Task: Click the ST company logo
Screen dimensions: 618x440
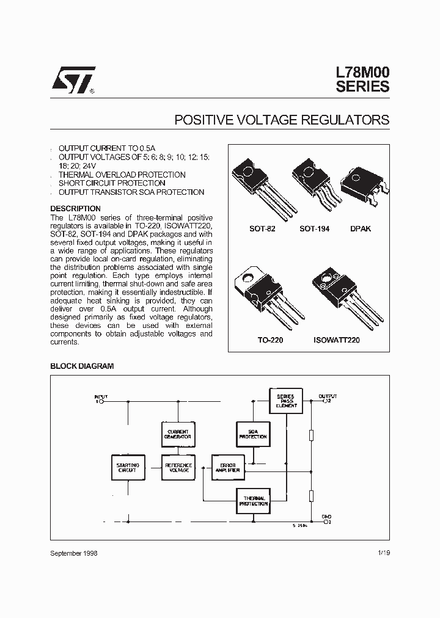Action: tap(72, 80)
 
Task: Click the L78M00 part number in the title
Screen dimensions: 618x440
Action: tap(362, 72)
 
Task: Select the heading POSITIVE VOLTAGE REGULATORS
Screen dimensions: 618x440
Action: tap(282, 120)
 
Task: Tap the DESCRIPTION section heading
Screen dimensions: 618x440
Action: tap(75, 209)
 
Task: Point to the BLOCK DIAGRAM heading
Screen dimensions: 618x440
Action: tap(81, 366)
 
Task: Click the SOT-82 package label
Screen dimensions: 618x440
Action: tap(263, 228)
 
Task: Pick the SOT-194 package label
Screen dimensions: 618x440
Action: tap(313, 228)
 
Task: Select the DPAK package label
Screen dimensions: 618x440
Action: tap(361, 228)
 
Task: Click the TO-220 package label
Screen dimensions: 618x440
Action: tap(269, 340)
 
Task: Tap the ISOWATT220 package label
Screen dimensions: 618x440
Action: tap(337, 340)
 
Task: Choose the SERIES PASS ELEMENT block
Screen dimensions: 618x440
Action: tap(286, 401)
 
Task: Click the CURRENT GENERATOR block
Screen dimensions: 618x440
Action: tap(177, 434)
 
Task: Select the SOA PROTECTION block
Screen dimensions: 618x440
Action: tap(252, 434)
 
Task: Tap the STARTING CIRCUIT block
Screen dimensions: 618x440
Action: tap(128, 468)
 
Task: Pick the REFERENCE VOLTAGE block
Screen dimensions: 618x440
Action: tap(178, 468)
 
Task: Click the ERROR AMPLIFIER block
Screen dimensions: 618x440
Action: tap(227, 468)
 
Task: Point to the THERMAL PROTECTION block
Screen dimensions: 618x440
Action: tap(252, 501)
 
